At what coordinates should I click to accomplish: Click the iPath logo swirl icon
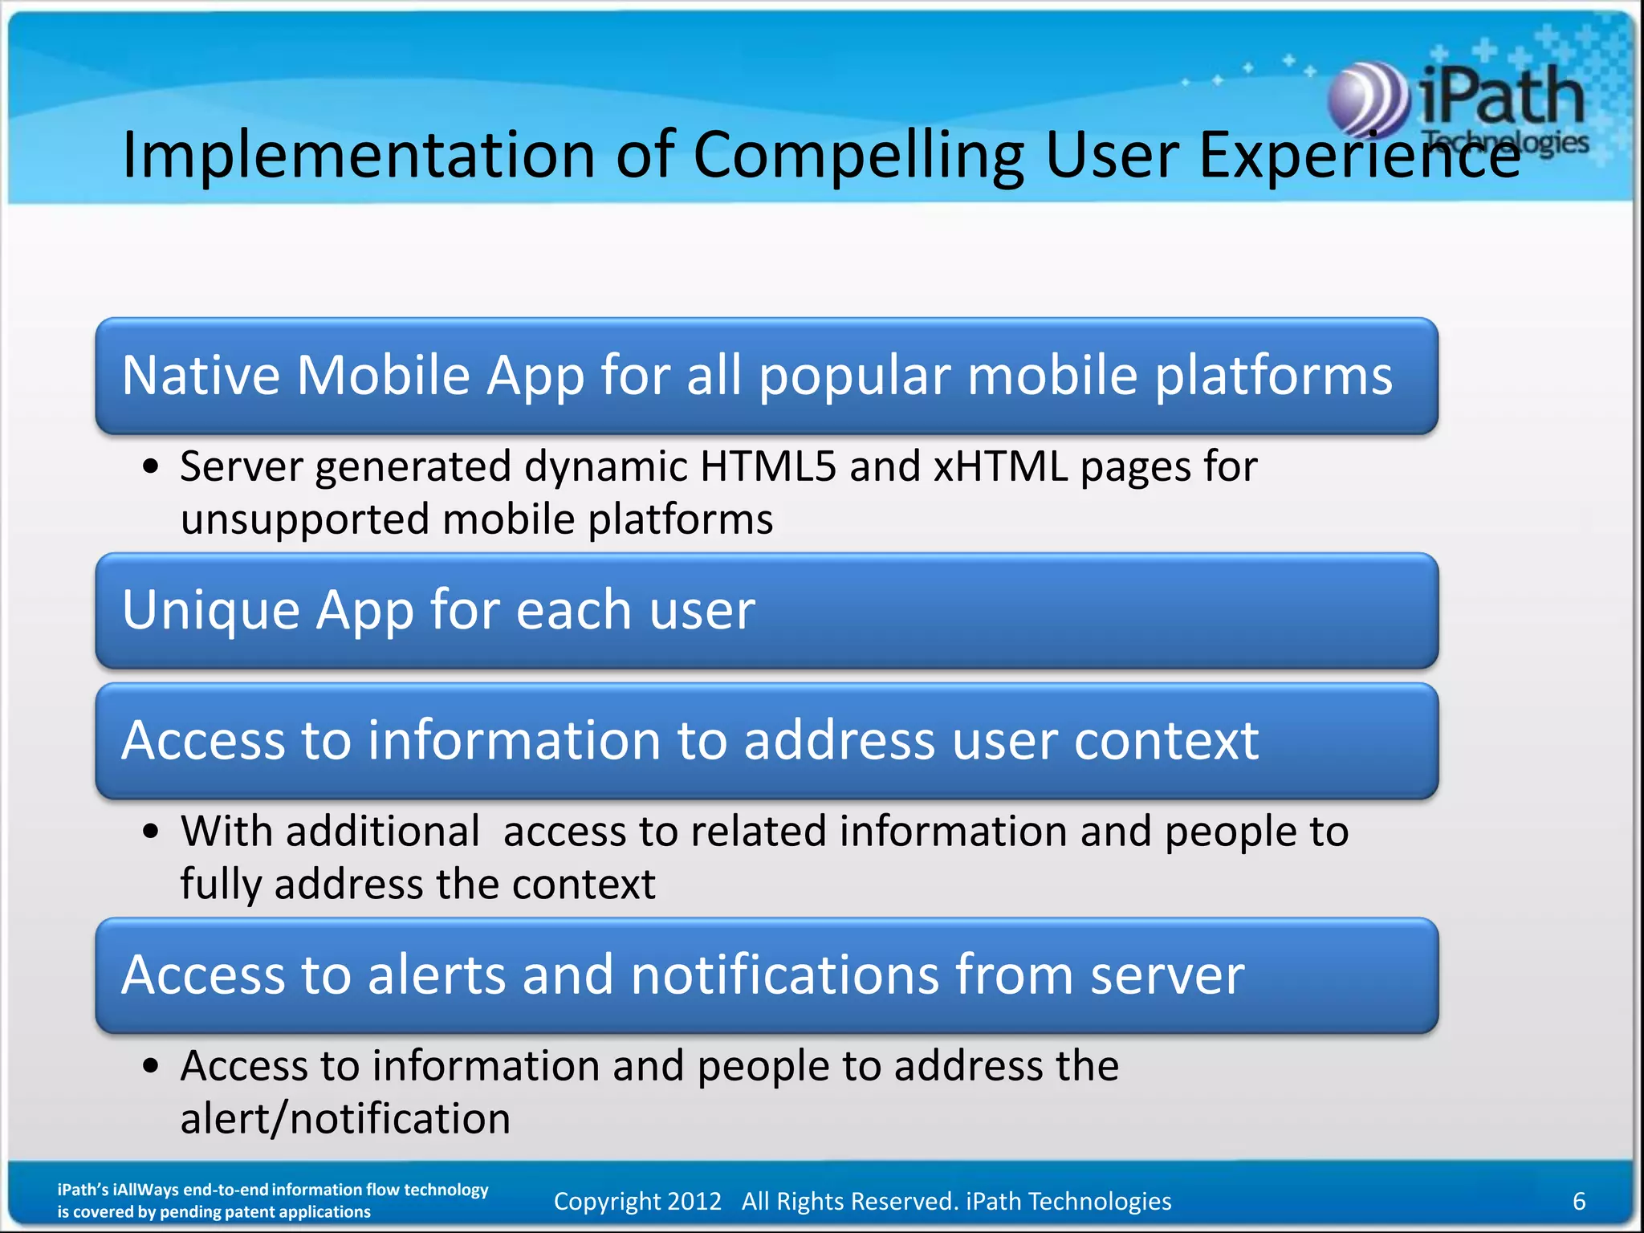point(1368,100)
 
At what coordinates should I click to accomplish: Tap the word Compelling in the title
point(858,154)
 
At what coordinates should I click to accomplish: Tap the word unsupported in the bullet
point(304,520)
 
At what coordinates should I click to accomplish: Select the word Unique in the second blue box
point(210,610)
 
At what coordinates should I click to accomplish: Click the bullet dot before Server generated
point(151,466)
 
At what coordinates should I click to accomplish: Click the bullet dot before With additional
point(151,831)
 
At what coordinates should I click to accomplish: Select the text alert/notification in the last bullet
point(345,1119)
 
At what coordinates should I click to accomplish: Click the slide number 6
point(1578,1201)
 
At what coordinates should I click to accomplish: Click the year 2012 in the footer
point(694,1201)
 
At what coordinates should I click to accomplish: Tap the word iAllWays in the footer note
point(146,1190)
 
